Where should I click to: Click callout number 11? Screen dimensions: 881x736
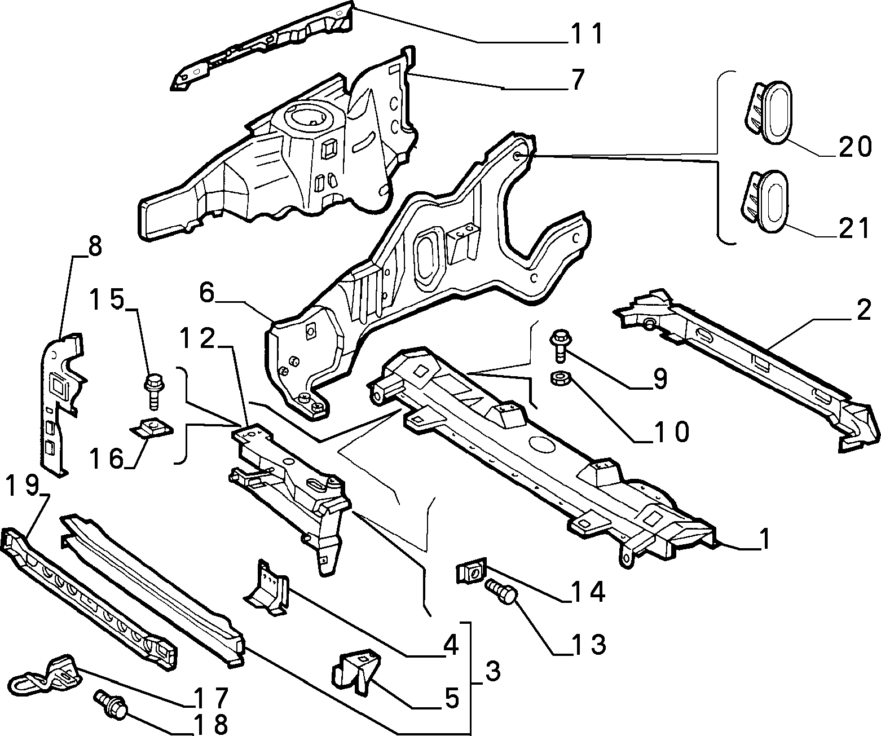click(x=587, y=34)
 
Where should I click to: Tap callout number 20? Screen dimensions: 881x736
click(x=855, y=147)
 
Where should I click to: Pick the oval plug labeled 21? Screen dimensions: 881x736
click(x=765, y=201)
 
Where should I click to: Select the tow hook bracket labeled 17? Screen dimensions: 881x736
click(x=46, y=675)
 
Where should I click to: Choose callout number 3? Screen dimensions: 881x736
click(x=492, y=671)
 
